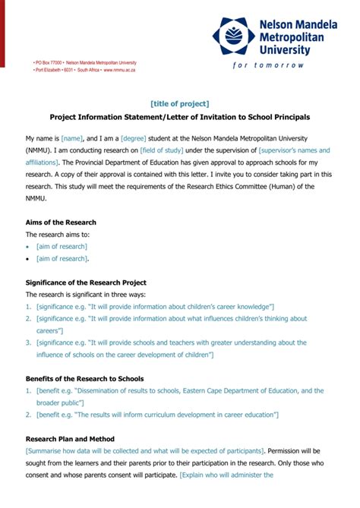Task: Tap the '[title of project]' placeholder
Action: (179, 103)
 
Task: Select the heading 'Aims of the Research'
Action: (61, 222)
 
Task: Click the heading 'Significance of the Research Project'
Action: (86, 282)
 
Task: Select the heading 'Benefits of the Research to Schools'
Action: (84, 378)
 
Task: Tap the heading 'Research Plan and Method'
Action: (70, 439)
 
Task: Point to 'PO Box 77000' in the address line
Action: (49, 62)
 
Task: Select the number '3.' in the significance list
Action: (29, 342)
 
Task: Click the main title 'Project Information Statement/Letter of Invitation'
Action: (179, 118)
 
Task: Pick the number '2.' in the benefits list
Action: (29, 415)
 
